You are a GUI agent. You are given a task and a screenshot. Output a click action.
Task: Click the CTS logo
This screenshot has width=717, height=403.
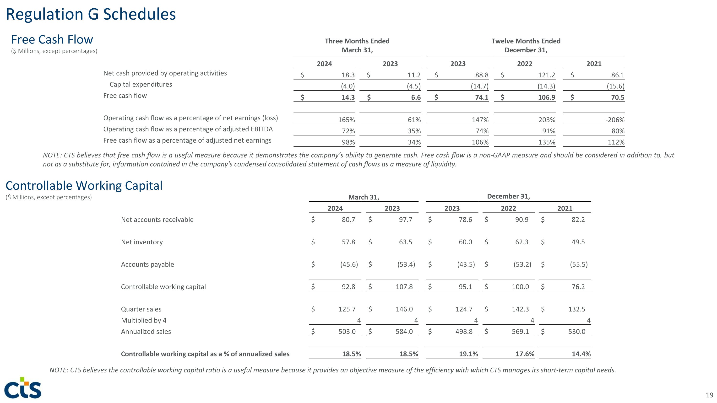click(x=23, y=388)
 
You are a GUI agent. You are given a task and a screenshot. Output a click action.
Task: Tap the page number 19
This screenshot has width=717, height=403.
click(x=709, y=395)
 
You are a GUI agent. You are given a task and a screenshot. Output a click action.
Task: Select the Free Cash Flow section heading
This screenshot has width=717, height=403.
click(x=52, y=39)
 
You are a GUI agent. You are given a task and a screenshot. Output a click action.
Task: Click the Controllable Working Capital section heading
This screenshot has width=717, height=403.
click(x=84, y=186)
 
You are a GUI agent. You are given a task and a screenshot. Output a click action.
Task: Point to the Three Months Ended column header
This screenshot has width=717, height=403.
click(x=357, y=41)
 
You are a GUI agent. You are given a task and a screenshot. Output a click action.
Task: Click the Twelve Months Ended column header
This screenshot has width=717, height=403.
click(x=526, y=41)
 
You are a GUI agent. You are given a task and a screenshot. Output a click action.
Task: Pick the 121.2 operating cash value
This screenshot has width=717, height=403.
click(x=546, y=75)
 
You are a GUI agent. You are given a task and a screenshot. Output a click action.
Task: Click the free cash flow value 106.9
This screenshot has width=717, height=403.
click(x=546, y=97)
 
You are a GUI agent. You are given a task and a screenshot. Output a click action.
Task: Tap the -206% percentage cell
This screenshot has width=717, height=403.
click(x=615, y=120)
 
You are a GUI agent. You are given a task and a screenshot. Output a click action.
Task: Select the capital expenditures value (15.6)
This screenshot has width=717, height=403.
click(x=615, y=86)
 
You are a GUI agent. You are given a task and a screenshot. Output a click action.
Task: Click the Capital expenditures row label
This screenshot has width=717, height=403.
click(x=141, y=84)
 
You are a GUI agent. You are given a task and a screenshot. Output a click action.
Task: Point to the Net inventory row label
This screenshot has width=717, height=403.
click(x=142, y=242)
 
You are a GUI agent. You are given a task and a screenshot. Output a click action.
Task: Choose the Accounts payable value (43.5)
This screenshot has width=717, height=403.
click(x=466, y=264)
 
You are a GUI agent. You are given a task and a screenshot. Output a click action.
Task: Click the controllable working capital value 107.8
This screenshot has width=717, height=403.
click(x=404, y=287)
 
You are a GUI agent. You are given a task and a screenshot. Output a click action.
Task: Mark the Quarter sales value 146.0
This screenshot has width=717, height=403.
click(x=404, y=309)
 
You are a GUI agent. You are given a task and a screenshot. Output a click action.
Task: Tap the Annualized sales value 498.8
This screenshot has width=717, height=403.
click(x=464, y=332)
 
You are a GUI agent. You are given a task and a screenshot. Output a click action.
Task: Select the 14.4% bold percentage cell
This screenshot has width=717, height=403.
click(x=581, y=354)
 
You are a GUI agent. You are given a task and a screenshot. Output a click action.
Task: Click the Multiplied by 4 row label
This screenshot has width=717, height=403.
click(x=144, y=320)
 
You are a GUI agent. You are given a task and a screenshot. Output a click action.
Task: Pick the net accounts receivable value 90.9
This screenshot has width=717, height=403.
click(x=521, y=220)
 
